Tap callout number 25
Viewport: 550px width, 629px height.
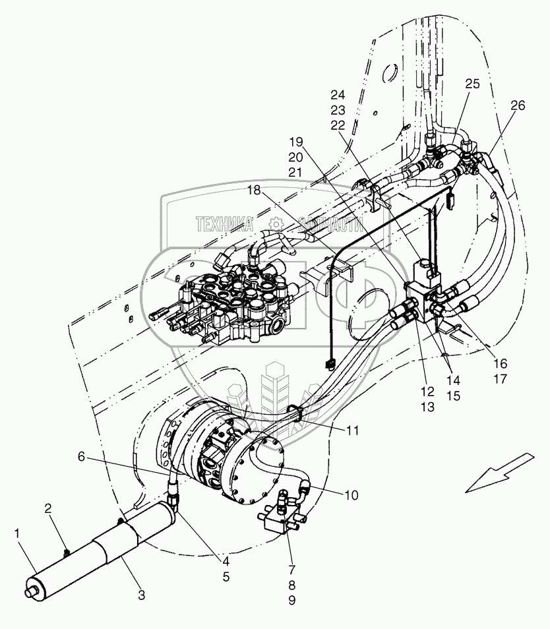(x=472, y=84)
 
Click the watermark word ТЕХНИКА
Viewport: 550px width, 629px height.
(x=225, y=224)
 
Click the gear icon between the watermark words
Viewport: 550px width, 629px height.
(x=276, y=224)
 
